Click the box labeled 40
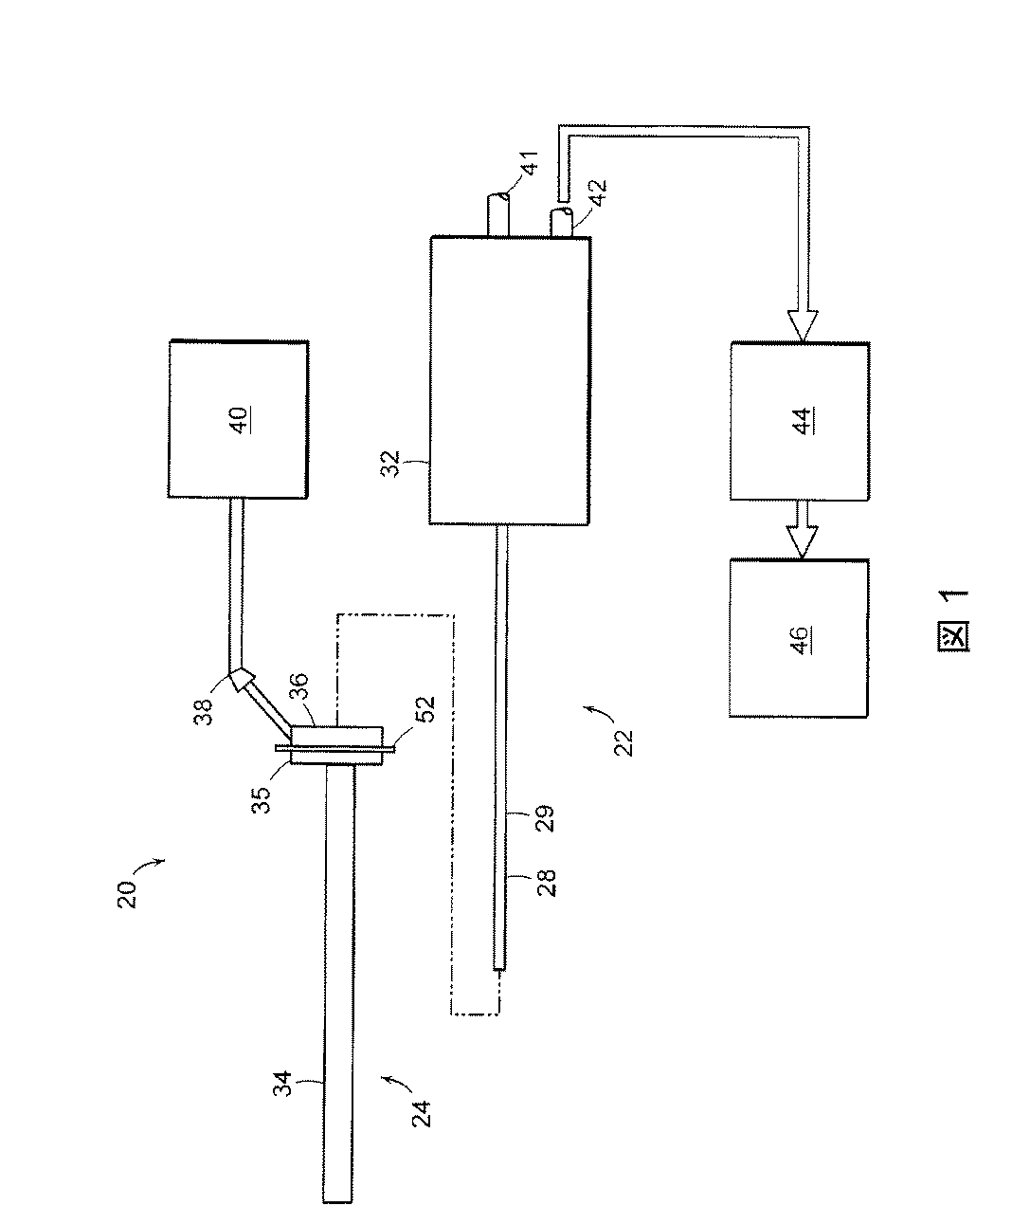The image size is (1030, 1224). click(238, 418)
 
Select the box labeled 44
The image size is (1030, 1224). click(799, 421)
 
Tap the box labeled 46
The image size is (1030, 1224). click(799, 636)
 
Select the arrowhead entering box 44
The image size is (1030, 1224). click(800, 324)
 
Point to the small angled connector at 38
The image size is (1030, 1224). click(241, 678)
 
